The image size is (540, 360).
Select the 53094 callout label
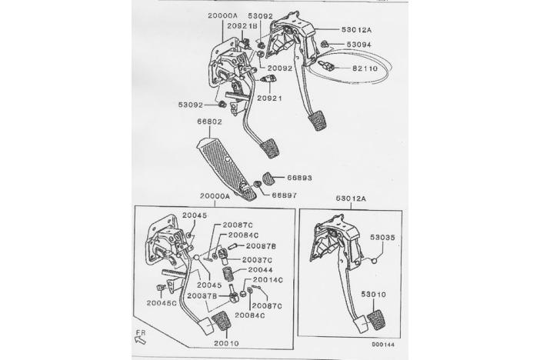pyautogui.click(x=358, y=45)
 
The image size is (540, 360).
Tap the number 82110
pyautogui.click(x=358, y=68)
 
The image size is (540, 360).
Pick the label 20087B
pyautogui.click(x=261, y=246)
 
